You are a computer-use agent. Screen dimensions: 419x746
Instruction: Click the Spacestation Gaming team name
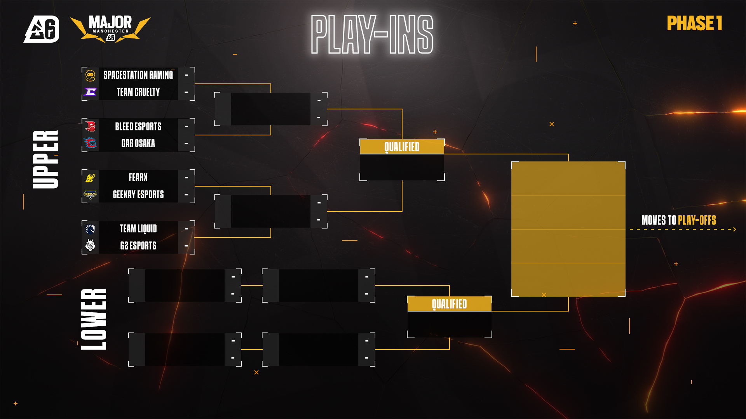[x=138, y=75]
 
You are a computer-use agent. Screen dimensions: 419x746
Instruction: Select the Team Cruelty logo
[x=90, y=92]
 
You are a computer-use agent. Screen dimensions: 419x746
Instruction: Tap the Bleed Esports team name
[x=138, y=126]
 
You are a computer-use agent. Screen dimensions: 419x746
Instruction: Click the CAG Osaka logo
[x=90, y=143]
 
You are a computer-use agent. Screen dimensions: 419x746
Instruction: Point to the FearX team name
[x=138, y=177]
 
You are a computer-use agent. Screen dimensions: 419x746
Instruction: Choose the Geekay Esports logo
[x=90, y=194]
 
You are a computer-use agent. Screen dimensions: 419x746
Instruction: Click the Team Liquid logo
[x=90, y=229]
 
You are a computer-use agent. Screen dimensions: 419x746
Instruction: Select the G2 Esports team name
[x=138, y=246]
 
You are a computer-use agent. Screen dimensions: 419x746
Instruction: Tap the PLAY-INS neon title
[x=372, y=35]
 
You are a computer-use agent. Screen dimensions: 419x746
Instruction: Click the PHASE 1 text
[x=694, y=23]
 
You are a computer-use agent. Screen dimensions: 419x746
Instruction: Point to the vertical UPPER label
[x=46, y=159]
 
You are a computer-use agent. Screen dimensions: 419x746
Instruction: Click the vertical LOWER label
[x=94, y=319]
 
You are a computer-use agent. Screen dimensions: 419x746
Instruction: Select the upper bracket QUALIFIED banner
[x=402, y=147]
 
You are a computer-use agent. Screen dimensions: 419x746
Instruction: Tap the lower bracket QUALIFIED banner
[x=449, y=304]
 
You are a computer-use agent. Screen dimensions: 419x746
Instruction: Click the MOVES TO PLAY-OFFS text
[x=678, y=220]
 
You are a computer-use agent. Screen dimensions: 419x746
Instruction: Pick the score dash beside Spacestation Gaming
[x=186, y=75]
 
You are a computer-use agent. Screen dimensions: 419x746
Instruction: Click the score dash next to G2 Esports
[x=186, y=246]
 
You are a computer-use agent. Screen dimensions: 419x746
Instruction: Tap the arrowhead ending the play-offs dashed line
[x=734, y=229]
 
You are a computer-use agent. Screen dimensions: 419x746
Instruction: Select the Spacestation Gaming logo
[x=90, y=75]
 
